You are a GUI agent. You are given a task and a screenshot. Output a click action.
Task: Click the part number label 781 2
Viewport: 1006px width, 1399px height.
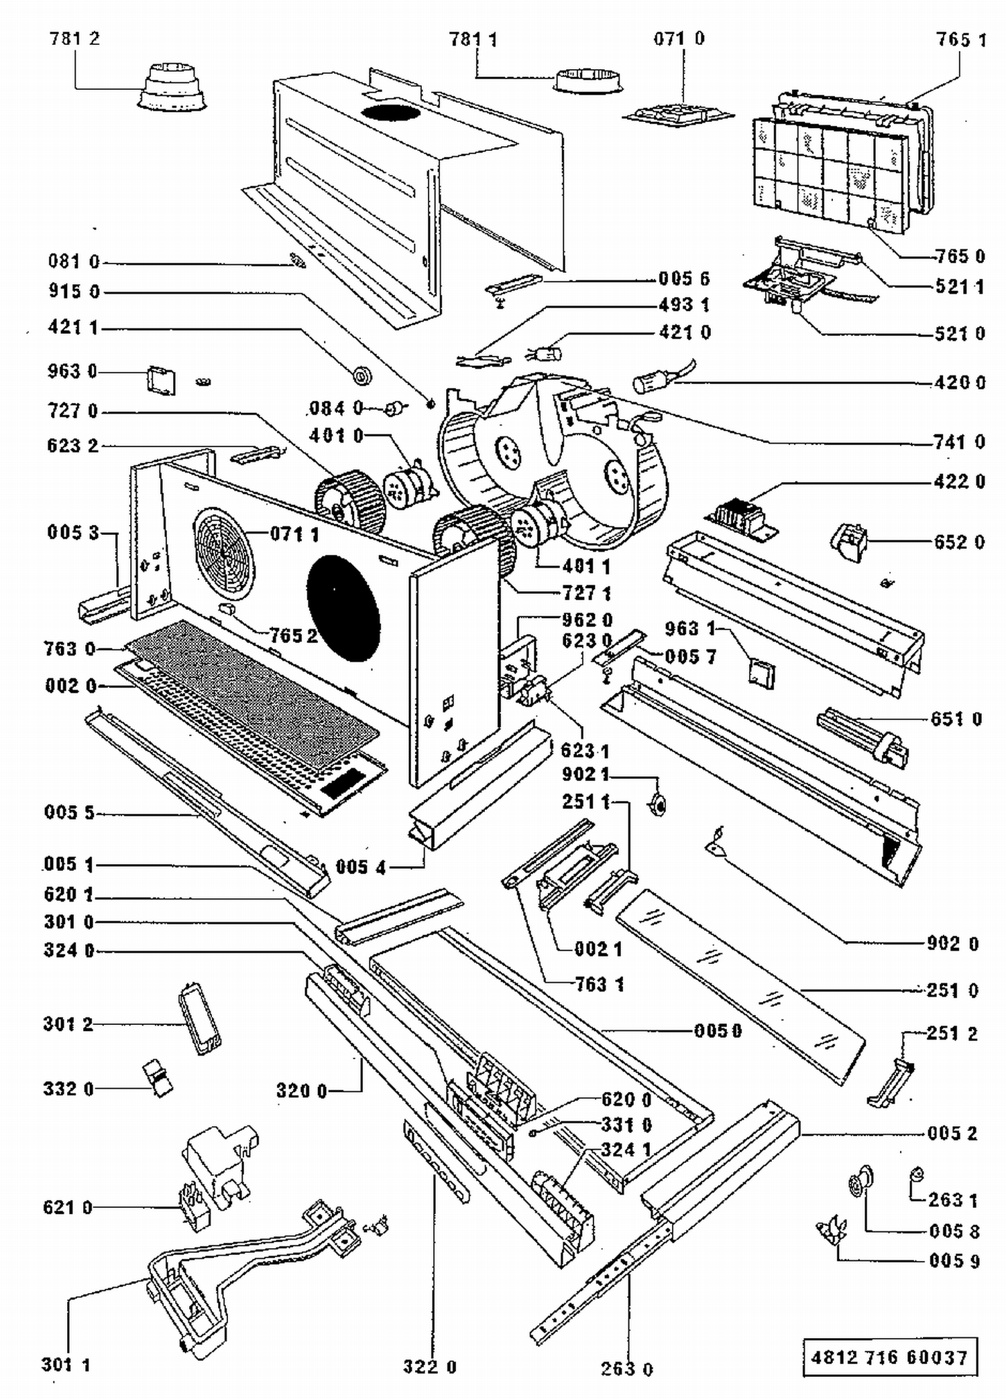coord(74,38)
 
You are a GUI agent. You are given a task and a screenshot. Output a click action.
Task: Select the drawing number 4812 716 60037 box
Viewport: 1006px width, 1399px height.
coord(890,1357)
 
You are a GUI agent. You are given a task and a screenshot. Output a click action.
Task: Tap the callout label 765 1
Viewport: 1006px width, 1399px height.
coord(961,40)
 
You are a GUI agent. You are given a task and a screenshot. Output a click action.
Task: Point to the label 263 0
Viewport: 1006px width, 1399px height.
coord(627,1368)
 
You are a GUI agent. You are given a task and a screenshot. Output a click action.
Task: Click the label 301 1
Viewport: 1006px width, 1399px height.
coord(66,1364)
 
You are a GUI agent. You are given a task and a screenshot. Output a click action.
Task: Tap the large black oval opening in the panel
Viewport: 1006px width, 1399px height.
coord(343,607)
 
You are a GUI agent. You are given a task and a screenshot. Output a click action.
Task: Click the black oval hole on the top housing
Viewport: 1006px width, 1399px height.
coord(391,113)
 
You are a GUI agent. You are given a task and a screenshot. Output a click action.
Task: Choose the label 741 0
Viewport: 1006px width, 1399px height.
coord(959,442)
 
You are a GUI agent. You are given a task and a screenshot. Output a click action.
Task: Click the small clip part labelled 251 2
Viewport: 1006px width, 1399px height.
coord(892,1082)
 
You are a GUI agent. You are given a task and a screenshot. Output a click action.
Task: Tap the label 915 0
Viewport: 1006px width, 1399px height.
coord(74,292)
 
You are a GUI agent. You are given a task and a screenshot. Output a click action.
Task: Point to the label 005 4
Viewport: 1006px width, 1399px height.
coord(361,867)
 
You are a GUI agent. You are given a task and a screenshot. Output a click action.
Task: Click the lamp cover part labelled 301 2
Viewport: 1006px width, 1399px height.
coord(200,1019)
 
